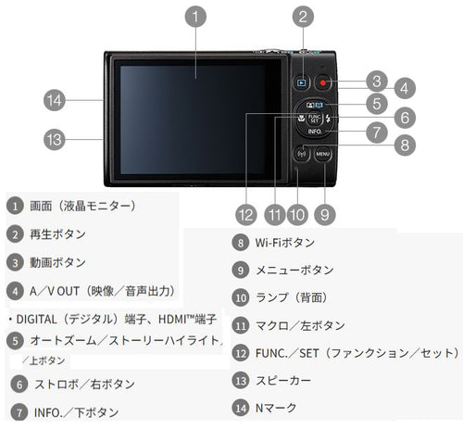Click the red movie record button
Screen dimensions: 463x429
pyautogui.click(x=323, y=82)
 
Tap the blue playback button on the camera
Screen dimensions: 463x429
pyautogui.click(x=302, y=82)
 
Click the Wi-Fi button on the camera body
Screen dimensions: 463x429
pyautogui.click(x=302, y=154)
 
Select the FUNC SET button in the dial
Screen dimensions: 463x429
pyautogui.click(x=314, y=119)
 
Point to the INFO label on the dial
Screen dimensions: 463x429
pyautogui.click(x=315, y=132)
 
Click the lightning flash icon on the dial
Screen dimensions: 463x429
pyautogui.click(x=328, y=119)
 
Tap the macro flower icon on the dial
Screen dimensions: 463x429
pyautogui.click(x=301, y=118)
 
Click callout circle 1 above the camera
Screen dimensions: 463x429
pyautogui.click(x=195, y=17)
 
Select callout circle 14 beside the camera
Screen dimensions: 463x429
pyautogui.click(x=55, y=100)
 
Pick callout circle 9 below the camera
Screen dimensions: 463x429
pyautogui.click(x=325, y=215)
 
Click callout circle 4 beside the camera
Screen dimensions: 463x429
pyautogui.click(x=405, y=88)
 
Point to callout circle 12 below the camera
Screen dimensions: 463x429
pyautogui.click(x=246, y=215)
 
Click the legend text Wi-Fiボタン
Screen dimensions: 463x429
pyautogui.click(x=284, y=243)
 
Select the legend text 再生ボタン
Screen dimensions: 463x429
pyautogui.click(x=57, y=234)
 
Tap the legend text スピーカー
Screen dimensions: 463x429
pyautogui.click(x=283, y=381)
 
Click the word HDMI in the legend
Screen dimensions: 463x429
pyautogui.click(x=174, y=320)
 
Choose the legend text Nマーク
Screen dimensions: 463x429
pyautogui.click(x=276, y=408)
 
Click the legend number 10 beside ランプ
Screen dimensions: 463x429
pyautogui.click(x=241, y=297)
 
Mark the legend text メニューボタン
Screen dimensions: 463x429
pyautogui.click(x=294, y=271)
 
